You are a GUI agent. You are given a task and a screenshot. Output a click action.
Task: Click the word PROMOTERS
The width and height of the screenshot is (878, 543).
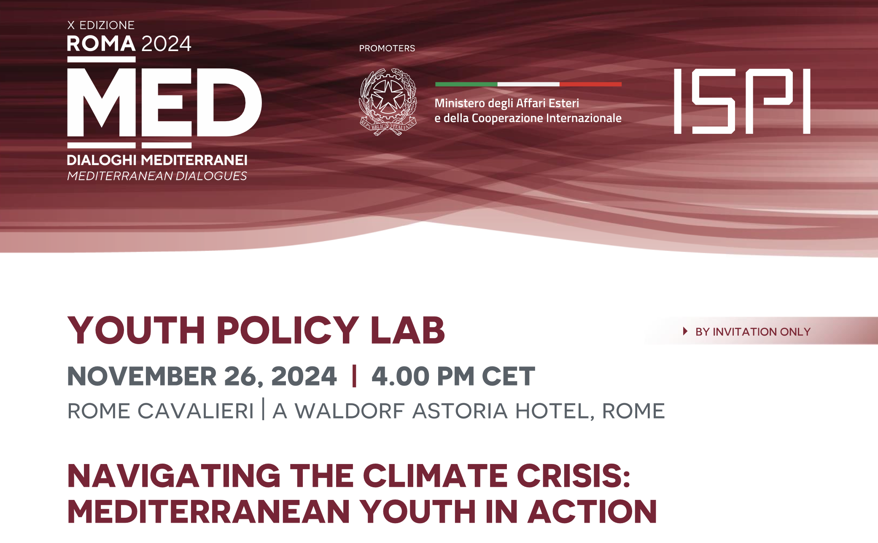pos(387,49)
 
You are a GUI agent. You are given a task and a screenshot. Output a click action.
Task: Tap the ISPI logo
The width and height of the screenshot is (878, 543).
pos(742,101)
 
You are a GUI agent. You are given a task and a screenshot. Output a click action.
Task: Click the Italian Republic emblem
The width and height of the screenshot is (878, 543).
pos(388,102)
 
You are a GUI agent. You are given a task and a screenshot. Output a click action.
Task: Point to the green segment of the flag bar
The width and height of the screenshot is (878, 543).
pos(466,84)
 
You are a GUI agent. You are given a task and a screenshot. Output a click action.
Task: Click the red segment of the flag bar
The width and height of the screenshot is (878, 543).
pos(590,84)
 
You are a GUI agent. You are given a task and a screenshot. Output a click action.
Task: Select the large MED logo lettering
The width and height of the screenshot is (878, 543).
pos(164,103)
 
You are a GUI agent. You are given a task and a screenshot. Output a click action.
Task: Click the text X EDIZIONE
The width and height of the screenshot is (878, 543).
pos(101,25)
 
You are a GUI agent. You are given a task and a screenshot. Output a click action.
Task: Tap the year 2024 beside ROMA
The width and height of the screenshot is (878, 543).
pos(167,44)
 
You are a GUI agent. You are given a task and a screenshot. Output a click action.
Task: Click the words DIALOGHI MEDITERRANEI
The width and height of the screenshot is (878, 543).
pos(157,160)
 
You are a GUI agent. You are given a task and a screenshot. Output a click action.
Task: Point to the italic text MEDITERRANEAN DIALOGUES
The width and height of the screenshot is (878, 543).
pos(157,176)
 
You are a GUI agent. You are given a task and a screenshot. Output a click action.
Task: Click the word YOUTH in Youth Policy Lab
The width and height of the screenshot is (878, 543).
pos(136,330)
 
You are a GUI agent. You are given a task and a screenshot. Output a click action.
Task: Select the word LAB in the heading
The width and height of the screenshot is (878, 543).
pos(408,330)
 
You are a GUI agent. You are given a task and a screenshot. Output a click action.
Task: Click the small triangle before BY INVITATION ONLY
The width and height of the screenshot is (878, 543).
pos(685,331)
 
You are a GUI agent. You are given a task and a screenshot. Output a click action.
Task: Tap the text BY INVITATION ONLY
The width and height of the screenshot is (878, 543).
pos(753,332)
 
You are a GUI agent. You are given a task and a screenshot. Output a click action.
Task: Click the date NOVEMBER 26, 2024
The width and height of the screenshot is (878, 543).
pos(202,377)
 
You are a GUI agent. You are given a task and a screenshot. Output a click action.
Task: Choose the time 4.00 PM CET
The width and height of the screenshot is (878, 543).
pos(453,376)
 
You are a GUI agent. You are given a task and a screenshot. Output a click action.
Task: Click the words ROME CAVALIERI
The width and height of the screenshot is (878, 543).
pos(161,411)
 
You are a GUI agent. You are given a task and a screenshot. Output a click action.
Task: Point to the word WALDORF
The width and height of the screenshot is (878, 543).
pos(350,411)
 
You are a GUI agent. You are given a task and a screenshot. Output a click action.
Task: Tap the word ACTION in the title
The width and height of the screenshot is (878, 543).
pos(593,512)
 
